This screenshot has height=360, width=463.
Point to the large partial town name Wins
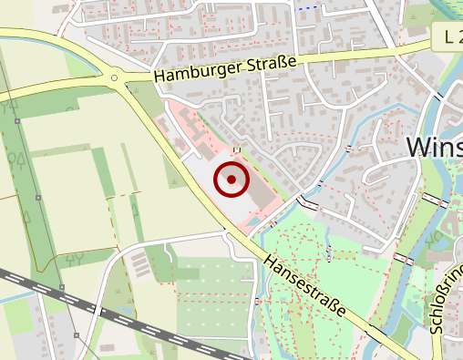(434, 149)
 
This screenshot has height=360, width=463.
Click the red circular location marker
(231, 180)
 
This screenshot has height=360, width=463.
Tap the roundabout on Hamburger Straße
(115, 78)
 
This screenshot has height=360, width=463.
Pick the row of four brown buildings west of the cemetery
(140, 264)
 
